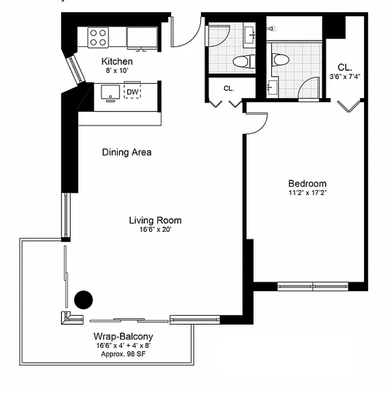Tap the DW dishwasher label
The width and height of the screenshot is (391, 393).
[132, 92]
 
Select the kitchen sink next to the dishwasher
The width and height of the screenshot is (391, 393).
[111, 92]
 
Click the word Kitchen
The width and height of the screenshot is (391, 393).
[117, 61]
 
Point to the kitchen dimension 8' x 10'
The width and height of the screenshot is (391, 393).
[117, 71]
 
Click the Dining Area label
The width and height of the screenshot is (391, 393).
[127, 152]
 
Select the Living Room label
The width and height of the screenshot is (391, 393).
[155, 220]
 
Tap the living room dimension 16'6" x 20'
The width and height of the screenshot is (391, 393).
[155, 229]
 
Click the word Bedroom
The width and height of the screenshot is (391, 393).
[307, 183]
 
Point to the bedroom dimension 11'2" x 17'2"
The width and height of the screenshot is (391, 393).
[307, 193]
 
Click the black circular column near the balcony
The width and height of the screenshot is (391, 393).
[83, 299]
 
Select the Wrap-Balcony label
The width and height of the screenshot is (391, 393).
[123, 337]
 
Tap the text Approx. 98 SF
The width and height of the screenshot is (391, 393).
[123, 354]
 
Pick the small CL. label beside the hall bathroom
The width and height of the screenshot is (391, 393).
[228, 88]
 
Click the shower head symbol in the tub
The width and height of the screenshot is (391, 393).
[271, 29]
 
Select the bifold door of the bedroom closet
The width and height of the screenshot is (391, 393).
[349, 106]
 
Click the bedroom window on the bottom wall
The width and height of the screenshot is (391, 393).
[313, 286]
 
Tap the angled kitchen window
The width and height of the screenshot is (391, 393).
[76, 69]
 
